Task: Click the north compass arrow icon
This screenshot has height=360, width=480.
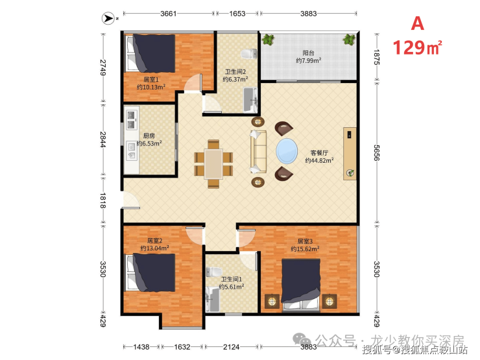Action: coord(108,18)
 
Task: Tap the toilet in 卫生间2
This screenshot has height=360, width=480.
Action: coord(249,54)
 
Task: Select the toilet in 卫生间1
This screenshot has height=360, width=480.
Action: coord(213,272)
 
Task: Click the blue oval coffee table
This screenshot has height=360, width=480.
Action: coord(287,152)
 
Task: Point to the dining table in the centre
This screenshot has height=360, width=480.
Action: coord(213,163)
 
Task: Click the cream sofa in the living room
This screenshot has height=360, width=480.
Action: coord(258,152)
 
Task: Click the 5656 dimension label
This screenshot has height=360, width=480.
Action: coord(376,152)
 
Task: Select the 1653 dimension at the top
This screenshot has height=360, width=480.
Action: coord(237,14)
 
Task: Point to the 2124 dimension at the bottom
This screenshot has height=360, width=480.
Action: coord(231,347)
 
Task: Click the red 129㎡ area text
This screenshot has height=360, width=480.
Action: coord(417,48)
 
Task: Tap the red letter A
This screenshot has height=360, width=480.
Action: coord(418,23)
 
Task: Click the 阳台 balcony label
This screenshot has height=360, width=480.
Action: coord(308,53)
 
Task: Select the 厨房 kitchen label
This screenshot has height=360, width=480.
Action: coord(149,136)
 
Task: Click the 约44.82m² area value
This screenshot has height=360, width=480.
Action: coord(319,160)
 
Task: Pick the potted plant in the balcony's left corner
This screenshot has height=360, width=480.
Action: coord(268,40)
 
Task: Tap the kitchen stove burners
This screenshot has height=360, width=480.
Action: coord(131,120)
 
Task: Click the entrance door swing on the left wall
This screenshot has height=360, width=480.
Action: coord(131,200)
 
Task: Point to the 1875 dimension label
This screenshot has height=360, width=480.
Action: coord(376,57)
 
